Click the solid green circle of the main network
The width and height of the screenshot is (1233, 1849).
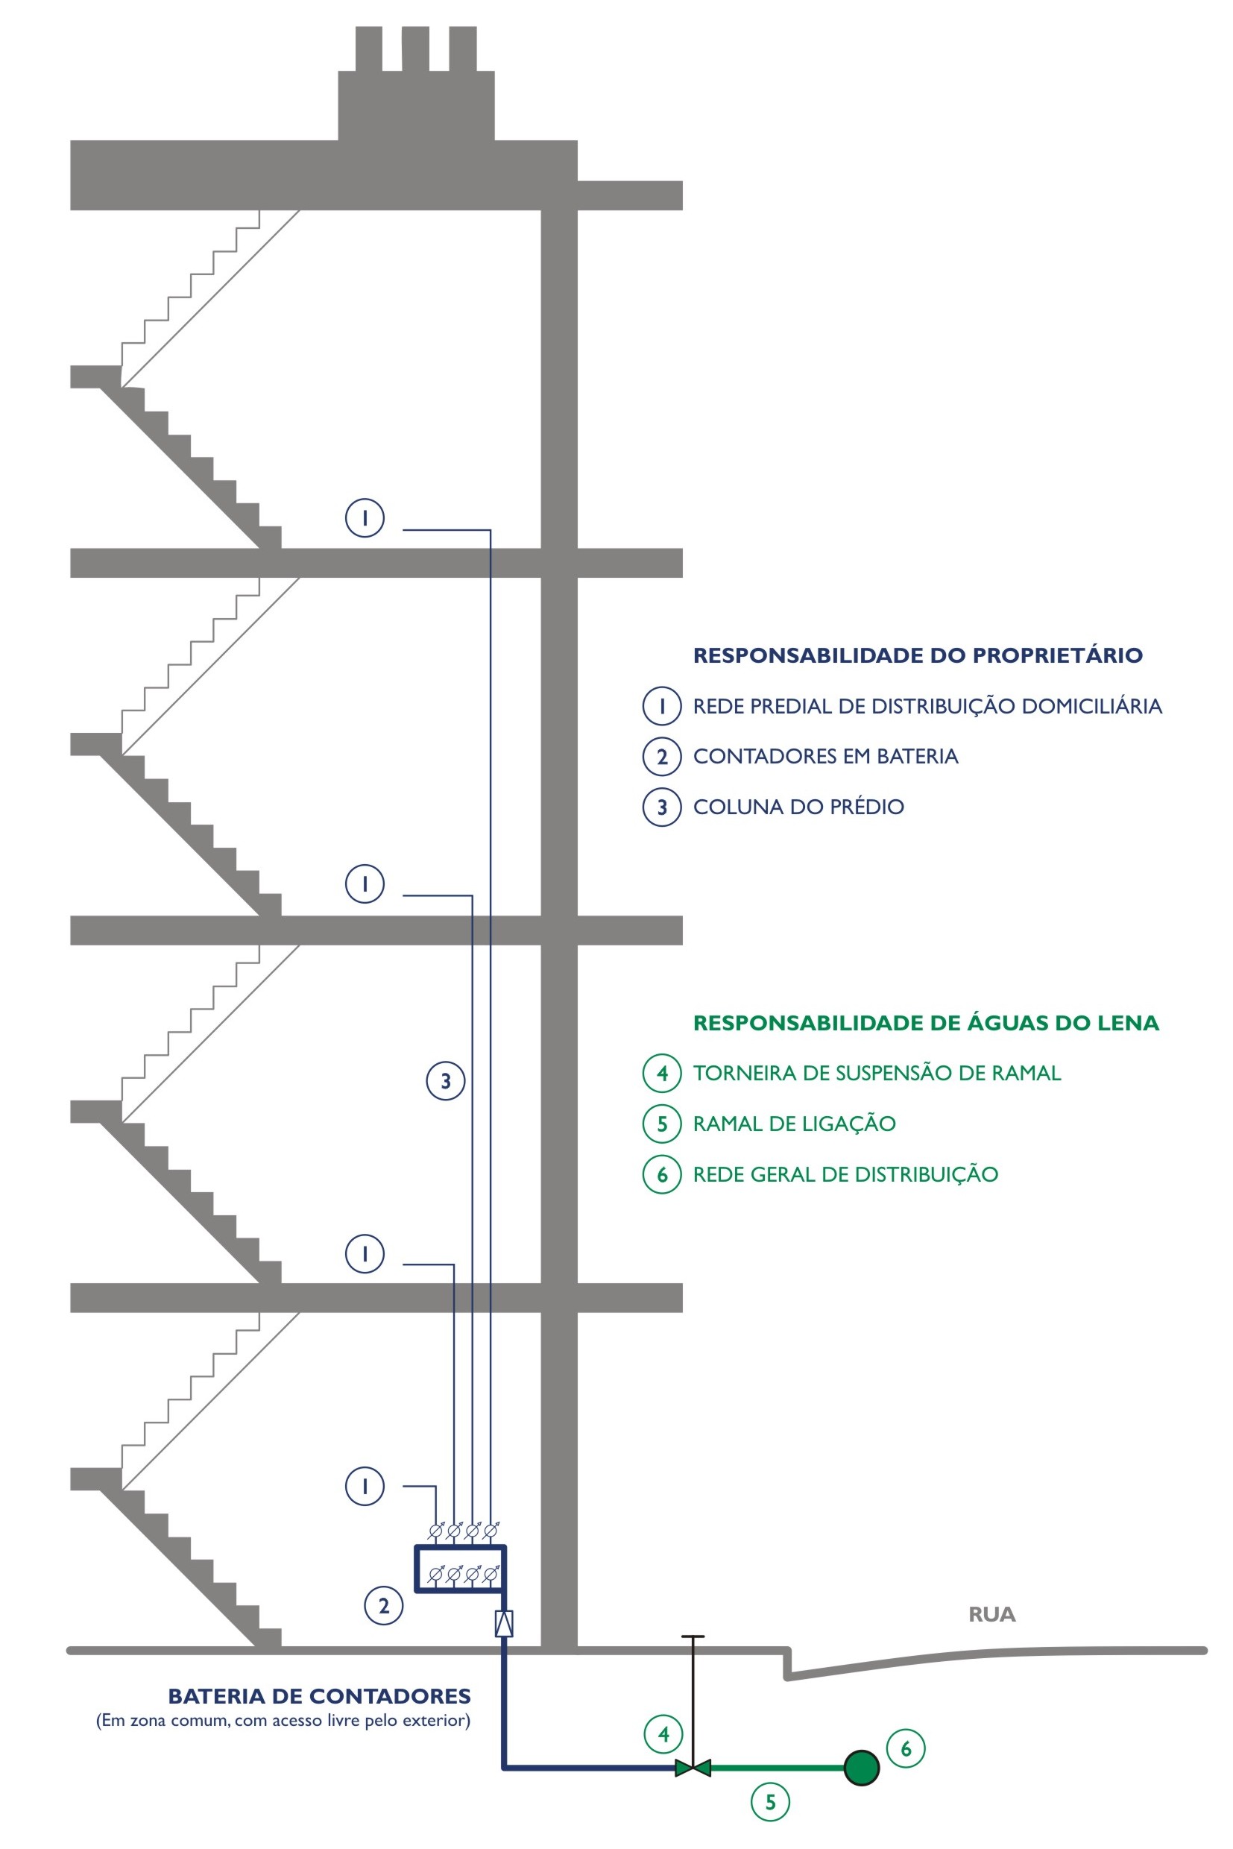(x=861, y=1768)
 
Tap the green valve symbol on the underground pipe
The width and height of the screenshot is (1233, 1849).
(x=693, y=1768)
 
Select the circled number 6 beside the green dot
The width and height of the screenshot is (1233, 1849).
(x=906, y=1748)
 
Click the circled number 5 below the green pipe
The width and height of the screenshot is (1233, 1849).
(x=771, y=1802)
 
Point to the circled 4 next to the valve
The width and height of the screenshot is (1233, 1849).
(x=663, y=1733)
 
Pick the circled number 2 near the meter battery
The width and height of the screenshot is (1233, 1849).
(x=384, y=1605)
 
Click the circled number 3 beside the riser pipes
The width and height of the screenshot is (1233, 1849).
(x=446, y=1080)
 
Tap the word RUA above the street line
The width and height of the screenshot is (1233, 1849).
(x=991, y=1615)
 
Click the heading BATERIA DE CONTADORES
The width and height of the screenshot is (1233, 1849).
(x=319, y=1696)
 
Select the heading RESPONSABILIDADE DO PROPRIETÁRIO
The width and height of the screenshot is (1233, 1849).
(x=918, y=655)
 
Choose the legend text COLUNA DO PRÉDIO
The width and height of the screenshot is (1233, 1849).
(x=798, y=806)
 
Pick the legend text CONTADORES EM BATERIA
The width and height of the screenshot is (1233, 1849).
(x=826, y=756)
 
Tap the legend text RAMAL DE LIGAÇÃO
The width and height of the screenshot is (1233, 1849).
(x=794, y=1123)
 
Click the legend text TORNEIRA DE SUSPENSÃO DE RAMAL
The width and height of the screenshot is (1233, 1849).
(x=877, y=1073)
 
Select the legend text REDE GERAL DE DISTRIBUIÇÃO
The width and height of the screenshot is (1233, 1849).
(x=845, y=1174)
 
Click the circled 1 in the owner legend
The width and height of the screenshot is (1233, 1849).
(x=662, y=705)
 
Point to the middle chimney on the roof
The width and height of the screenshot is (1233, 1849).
(x=415, y=48)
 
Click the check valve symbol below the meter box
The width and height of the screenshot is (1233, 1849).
(x=504, y=1624)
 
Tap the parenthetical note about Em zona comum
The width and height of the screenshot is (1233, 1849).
(x=283, y=1720)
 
